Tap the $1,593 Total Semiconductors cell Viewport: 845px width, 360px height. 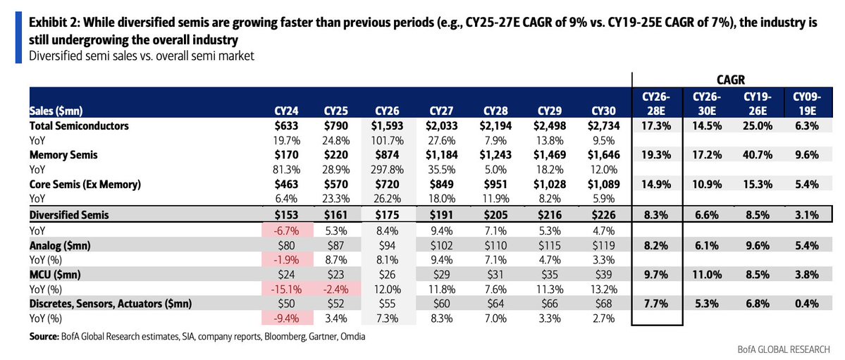point(386,126)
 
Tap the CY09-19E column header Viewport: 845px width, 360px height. point(807,104)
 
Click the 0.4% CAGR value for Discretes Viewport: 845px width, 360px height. point(808,304)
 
